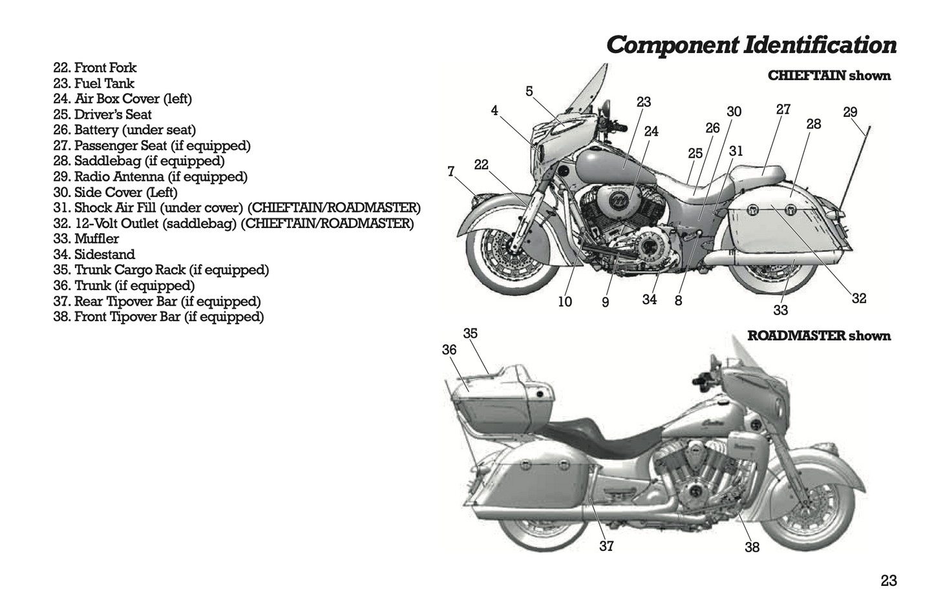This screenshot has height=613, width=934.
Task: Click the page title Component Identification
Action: [x=751, y=45]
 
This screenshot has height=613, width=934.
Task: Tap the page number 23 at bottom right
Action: [x=888, y=581]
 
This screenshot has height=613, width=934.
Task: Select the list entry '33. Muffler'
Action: [x=86, y=239]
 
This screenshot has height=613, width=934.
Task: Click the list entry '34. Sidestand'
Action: [x=94, y=255]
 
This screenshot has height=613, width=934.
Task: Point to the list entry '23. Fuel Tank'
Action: [x=94, y=83]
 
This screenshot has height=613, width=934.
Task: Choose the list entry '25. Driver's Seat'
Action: [x=102, y=114]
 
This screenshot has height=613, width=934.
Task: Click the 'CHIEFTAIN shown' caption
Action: [x=829, y=76]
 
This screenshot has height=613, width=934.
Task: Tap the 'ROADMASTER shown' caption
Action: [x=818, y=336]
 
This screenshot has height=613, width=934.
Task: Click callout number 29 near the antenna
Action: [x=850, y=112]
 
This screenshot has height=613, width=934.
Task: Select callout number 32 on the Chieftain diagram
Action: [x=858, y=298]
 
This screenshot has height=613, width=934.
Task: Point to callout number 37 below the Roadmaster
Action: [x=606, y=546]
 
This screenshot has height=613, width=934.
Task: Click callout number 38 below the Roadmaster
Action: [x=752, y=548]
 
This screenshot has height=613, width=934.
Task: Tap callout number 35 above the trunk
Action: [x=470, y=334]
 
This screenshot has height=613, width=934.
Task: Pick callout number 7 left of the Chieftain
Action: [x=451, y=172]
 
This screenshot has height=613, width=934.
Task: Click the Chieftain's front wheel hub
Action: [x=515, y=245]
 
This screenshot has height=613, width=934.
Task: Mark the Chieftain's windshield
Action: [x=585, y=97]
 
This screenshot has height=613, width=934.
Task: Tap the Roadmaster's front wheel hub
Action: [x=809, y=503]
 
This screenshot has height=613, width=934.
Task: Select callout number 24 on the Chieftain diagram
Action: [x=651, y=132]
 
